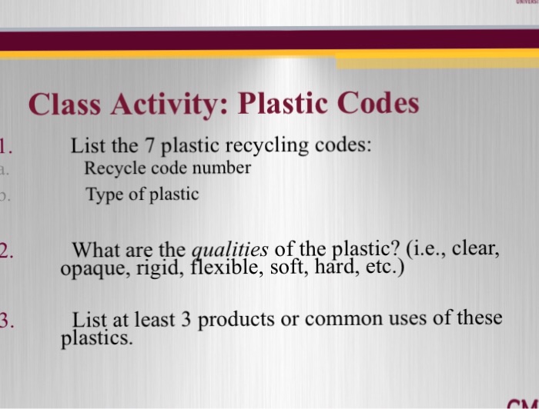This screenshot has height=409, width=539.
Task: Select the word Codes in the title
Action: click(x=377, y=103)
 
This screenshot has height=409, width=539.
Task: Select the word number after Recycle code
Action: click(x=223, y=168)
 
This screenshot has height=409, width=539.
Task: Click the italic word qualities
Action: click(x=229, y=250)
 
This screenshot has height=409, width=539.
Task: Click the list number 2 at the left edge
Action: click(x=5, y=250)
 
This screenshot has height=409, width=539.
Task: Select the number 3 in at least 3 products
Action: click(x=186, y=318)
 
